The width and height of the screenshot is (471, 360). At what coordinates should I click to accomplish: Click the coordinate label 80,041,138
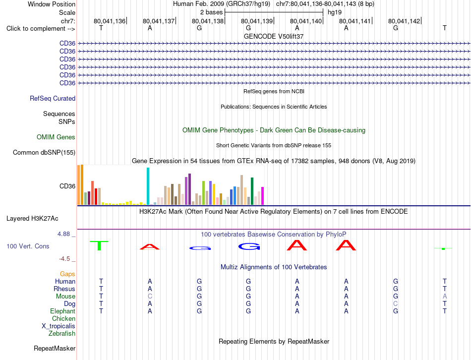(208, 21)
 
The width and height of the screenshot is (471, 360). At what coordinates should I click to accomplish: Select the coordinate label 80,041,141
(355, 21)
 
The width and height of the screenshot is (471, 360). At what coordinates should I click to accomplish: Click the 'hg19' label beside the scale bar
(335, 12)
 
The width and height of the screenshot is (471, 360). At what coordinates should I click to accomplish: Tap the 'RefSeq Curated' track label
(53, 98)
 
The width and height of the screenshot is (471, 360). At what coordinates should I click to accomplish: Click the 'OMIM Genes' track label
(56, 137)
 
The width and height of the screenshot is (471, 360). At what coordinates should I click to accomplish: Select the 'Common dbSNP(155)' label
(44, 152)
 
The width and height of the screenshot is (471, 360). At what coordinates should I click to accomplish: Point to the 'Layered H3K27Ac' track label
(32, 219)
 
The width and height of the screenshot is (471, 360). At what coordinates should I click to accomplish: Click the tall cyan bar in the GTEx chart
(148, 186)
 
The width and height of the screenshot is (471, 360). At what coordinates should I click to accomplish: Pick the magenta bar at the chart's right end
(263, 196)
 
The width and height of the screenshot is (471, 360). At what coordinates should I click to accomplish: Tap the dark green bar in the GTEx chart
(252, 191)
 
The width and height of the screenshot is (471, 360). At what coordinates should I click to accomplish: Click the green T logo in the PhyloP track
(99, 245)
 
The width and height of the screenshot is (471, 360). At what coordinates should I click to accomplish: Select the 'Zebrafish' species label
(62, 333)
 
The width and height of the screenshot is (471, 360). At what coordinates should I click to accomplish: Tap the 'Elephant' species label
(63, 311)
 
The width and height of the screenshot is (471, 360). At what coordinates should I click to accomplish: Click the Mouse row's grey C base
(150, 297)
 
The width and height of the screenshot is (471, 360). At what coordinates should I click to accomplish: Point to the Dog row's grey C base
(396, 304)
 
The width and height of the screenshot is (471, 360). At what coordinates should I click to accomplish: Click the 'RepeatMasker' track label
(55, 348)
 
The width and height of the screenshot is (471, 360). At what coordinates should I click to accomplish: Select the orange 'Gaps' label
(67, 274)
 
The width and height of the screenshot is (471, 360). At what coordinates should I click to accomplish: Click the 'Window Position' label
(52, 4)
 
